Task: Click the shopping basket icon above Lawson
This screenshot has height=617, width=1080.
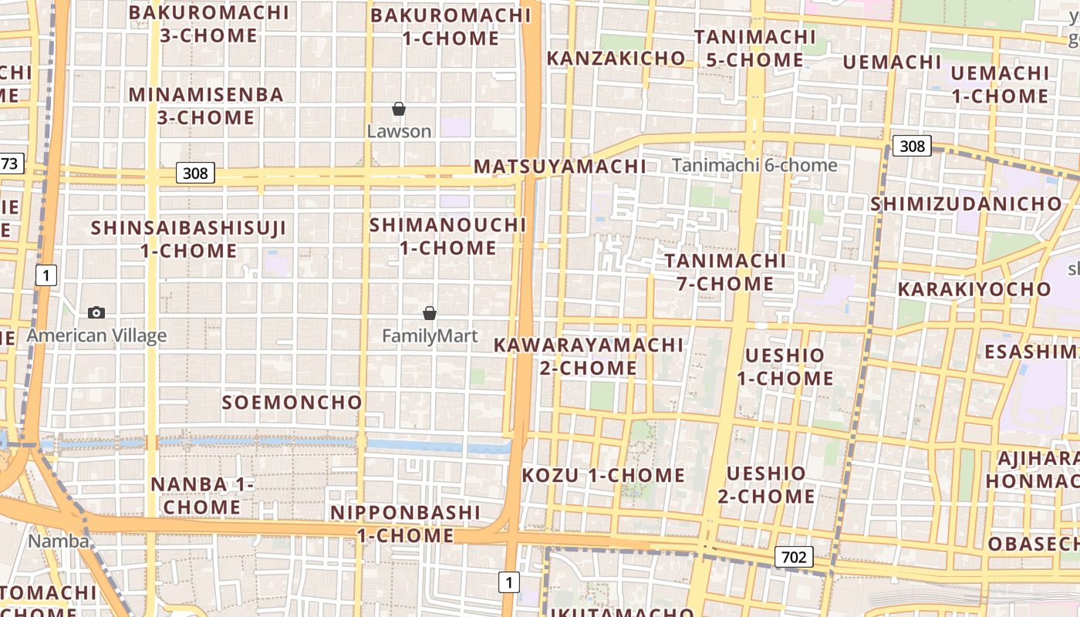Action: tap(399, 110)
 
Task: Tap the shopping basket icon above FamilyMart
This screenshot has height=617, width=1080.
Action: tap(430, 313)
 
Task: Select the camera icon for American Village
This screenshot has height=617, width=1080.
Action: tap(96, 312)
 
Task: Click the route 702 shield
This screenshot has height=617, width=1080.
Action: tap(794, 557)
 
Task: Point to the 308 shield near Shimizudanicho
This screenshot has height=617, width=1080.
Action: tap(912, 146)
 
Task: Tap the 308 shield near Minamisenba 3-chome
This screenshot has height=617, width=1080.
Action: tap(195, 173)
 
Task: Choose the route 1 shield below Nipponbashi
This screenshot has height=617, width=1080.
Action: tap(508, 582)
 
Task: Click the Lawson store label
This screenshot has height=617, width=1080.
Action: tap(399, 131)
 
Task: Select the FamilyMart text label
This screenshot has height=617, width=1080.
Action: tap(430, 336)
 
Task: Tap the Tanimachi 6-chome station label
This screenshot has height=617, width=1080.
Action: tap(754, 165)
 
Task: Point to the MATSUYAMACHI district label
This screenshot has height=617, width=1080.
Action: tap(560, 167)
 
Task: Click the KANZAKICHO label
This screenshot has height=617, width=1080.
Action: tap(616, 58)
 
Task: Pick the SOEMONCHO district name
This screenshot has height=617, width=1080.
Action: tap(292, 403)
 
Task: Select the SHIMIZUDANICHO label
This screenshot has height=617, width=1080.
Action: tap(966, 204)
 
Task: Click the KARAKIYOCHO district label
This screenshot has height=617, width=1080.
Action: tap(974, 289)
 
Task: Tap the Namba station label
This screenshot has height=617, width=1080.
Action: tap(59, 541)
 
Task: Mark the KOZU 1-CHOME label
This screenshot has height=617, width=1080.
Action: tap(603, 475)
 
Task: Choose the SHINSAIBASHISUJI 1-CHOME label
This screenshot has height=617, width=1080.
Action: tap(189, 239)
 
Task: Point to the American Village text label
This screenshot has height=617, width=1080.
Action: tap(96, 335)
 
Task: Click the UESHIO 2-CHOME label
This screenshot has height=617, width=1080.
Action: tap(766, 484)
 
